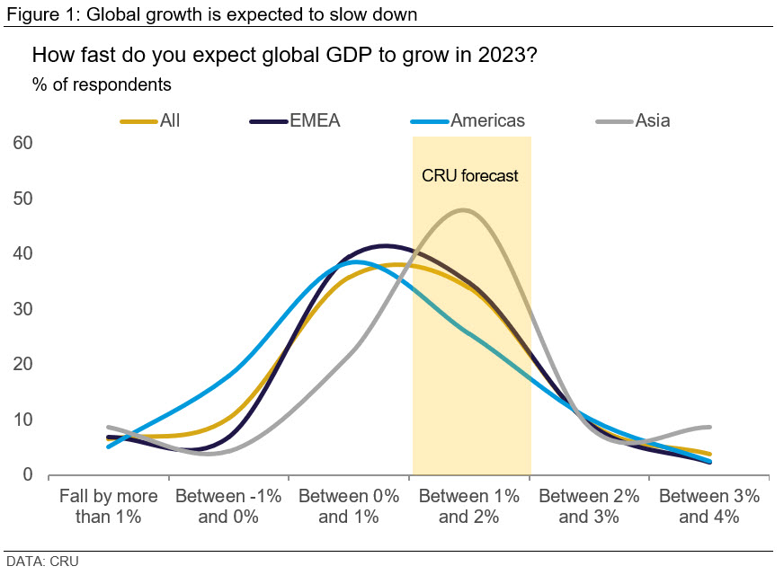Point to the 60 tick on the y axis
click(x=23, y=143)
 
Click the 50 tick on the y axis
click(x=23, y=198)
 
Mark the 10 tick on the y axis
click(x=23, y=420)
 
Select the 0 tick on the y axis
click(x=28, y=474)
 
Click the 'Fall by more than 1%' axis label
click(x=108, y=506)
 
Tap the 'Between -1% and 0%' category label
click(x=228, y=506)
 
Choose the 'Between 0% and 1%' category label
click(x=348, y=506)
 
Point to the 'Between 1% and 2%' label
click(x=468, y=506)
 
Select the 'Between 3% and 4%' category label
click(x=708, y=506)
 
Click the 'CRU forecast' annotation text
click(x=470, y=176)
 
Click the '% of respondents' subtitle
click(x=102, y=85)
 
